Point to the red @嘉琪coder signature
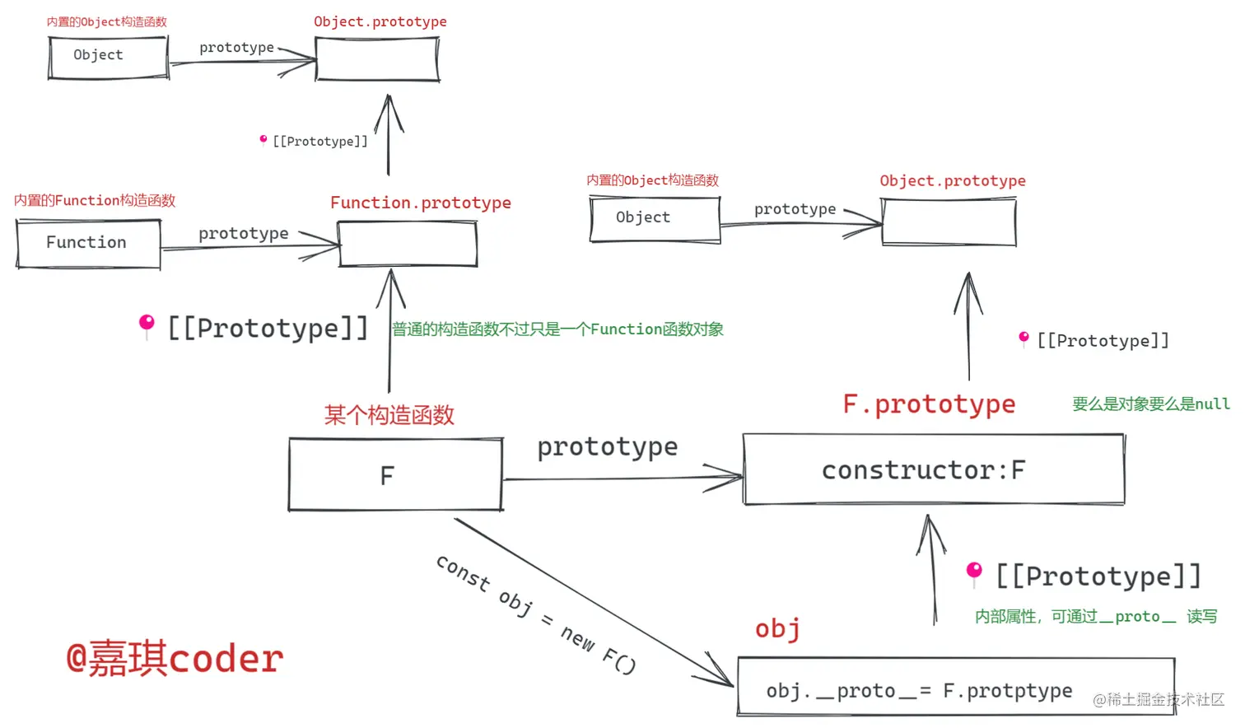click(175, 659)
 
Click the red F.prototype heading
click(929, 404)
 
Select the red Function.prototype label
click(420, 203)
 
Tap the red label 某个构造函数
click(389, 414)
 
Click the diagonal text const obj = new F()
click(536, 614)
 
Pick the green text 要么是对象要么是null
click(1150, 404)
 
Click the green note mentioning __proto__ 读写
click(1096, 616)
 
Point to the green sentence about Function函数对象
click(557, 329)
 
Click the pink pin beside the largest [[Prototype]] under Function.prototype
click(147, 324)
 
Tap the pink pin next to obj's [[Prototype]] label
click(974, 572)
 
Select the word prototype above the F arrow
click(608, 447)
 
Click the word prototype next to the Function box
click(244, 233)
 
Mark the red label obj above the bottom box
click(777, 629)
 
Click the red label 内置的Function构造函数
click(95, 200)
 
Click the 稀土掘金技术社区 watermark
click(1159, 699)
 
